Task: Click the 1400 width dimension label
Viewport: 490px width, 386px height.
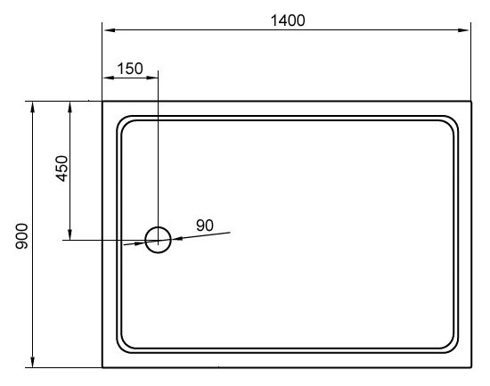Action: click(288, 21)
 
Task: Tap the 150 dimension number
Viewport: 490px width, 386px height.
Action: click(130, 69)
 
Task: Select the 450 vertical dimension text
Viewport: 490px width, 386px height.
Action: click(61, 168)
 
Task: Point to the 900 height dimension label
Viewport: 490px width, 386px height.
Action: click(21, 236)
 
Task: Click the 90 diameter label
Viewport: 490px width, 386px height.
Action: click(205, 226)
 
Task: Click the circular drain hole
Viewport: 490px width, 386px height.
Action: click(158, 227)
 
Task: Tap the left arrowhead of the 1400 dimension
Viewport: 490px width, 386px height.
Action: click(109, 30)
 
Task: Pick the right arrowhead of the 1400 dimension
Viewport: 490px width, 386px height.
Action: click(464, 30)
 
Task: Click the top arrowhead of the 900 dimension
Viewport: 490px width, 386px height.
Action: click(32, 107)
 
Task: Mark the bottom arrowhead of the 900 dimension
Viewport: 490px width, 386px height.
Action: click(32, 362)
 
